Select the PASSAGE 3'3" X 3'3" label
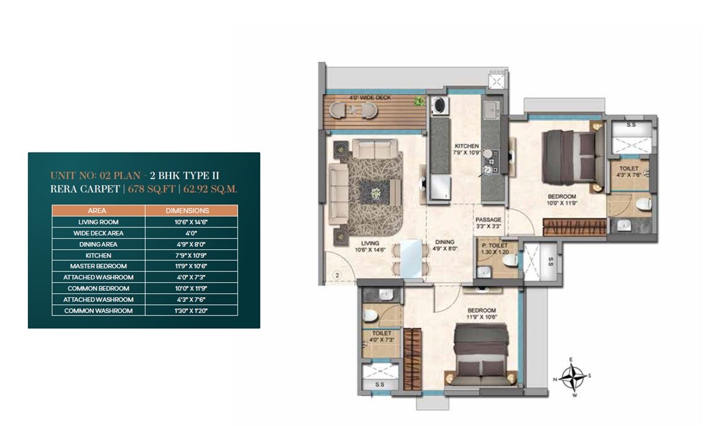(488, 223)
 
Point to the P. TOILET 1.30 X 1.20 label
(495, 249)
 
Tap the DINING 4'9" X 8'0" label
(444, 246)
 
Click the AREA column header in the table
(98, 211)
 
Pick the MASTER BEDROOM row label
(98, 266)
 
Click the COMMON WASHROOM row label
(98, 311)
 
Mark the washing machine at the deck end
(439, 105)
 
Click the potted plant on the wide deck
(420, 101)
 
